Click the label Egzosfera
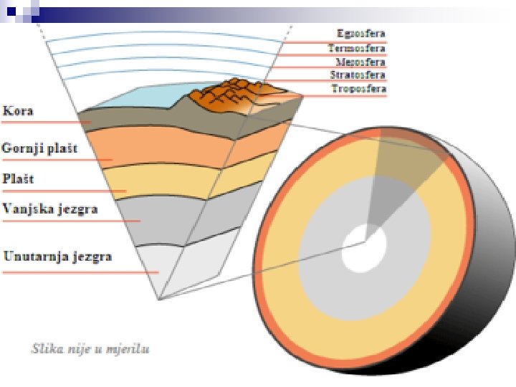click(x=361, y=34)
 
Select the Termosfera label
click(x=358, y=48)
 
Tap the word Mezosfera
click(x=360, y=62)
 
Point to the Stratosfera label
click(x=358, y=75)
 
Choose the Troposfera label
click(x=359, y=89)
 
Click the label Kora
click(x=19, y=111)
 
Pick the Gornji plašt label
click(x=39, y=148)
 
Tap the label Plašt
click(x=19, y=178)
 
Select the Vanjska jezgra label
click(x=49, y=209)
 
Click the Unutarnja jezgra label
click(x=57, y=256)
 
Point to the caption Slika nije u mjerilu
click(x=90, y=350)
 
